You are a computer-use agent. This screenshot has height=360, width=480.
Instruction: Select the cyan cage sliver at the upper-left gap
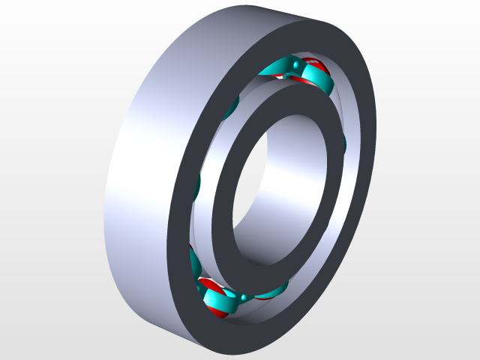(232, 106)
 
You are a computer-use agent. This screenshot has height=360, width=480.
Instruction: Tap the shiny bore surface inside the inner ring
(292, 180)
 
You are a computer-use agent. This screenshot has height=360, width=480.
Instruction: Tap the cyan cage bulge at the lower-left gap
(196, 262)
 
